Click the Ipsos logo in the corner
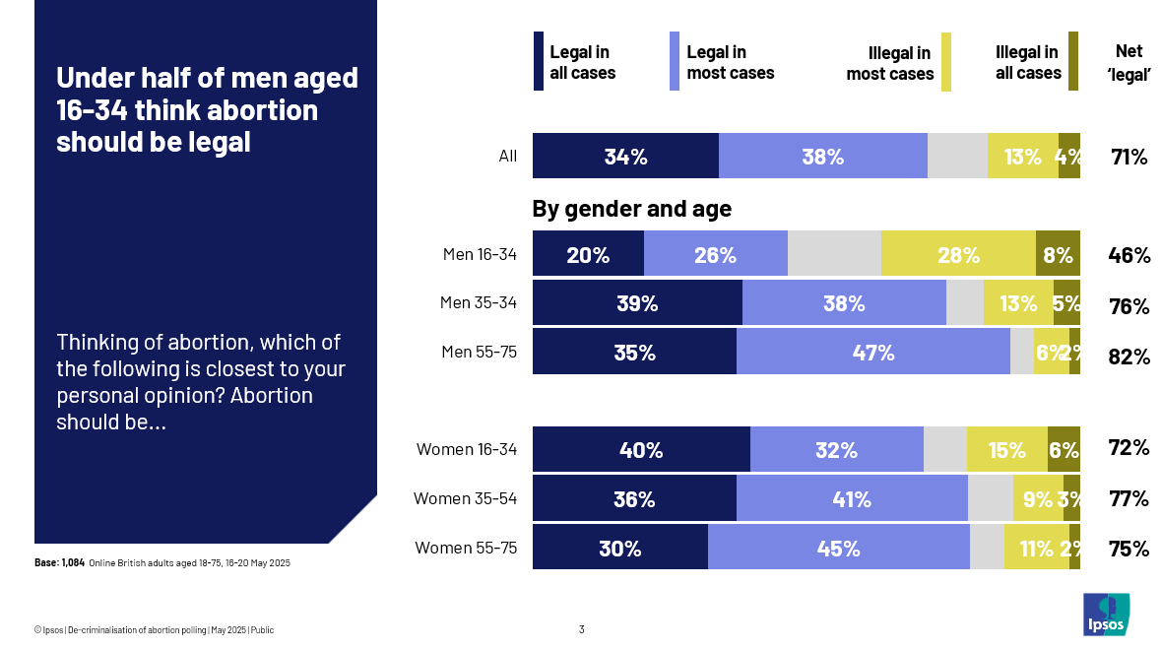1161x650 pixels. pos(1106,615)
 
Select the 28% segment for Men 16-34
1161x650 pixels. pos(958,255)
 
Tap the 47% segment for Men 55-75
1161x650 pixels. pos(872,352)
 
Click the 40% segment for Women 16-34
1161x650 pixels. pos(641,450)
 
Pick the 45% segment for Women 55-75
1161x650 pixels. pos(838,548)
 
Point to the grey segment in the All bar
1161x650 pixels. pos(957,156)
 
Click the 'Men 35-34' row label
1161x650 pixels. pos(478,302)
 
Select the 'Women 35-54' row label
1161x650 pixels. pos(465,498)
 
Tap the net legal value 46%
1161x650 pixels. pos(1129,255)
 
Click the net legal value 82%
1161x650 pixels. pos(1129,357)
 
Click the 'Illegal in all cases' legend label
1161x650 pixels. pos(1027,62)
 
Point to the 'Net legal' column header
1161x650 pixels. pos(1129,62)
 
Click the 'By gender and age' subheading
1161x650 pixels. pos(631,209)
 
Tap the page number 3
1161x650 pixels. pos(581,629)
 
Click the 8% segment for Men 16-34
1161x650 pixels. pos(1058,255)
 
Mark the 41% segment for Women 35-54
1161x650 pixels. pos(852,499)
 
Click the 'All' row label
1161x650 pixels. pos(507,156)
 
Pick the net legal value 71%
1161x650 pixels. pos(1129,156)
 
